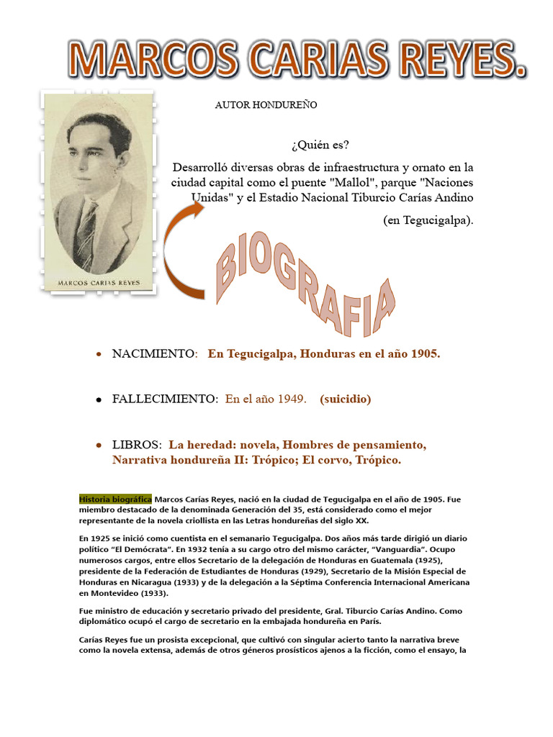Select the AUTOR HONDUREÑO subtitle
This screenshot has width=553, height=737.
266,105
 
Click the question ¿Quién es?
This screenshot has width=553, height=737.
320,145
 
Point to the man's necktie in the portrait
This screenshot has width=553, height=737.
87,234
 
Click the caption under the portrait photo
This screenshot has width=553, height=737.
99,283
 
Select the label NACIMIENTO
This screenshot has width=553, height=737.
154,354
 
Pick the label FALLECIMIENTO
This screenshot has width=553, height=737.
164,399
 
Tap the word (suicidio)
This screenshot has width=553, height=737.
346,399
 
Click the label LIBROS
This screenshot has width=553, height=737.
136,445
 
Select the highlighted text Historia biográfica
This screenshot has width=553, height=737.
115,499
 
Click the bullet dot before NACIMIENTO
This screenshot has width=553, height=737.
99,356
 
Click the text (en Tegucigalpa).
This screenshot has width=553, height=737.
428,220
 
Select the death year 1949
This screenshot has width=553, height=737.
292,399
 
